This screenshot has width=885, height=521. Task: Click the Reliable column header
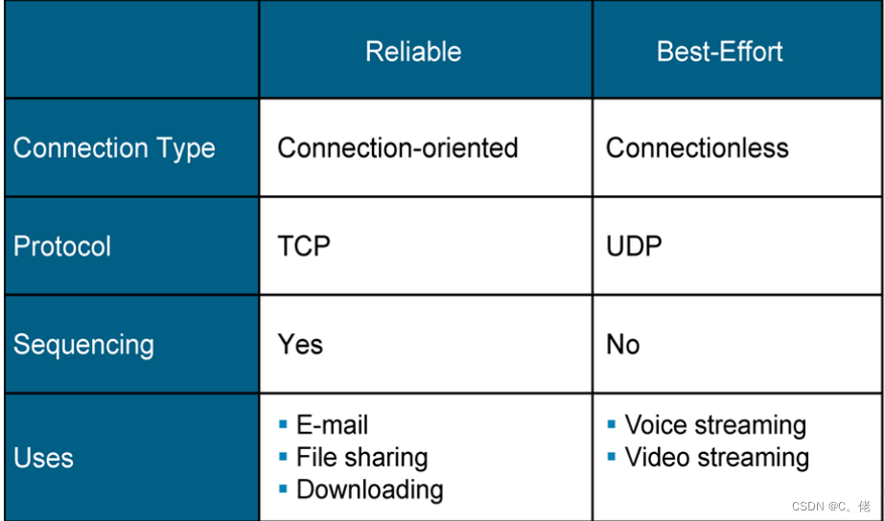(413, 52)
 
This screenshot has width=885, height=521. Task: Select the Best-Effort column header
(719, 52)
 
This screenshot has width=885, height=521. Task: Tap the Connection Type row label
(114, 148)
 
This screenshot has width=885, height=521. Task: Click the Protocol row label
(62, 246)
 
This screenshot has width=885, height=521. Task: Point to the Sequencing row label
(83, 345)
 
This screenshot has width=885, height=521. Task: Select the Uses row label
(43, 458)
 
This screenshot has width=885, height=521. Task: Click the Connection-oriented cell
(398, 148)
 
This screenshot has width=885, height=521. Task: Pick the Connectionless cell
(697, 148)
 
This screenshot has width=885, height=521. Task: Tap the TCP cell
(304, 246)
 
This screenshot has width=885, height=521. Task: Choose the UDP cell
(634, 246)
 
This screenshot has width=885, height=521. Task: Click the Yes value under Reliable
(300, 345)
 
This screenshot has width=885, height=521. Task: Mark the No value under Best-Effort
(622, 345)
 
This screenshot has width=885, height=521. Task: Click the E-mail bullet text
(332, 425)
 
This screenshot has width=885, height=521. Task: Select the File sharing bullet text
(361, 458)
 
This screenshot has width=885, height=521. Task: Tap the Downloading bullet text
(369, 489)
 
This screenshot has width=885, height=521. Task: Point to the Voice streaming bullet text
(715, 425)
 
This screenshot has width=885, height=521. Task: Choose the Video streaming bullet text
(717, 458)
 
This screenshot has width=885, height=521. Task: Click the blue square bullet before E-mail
(283, 423)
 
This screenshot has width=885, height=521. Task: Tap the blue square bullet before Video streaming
(612, 456)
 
